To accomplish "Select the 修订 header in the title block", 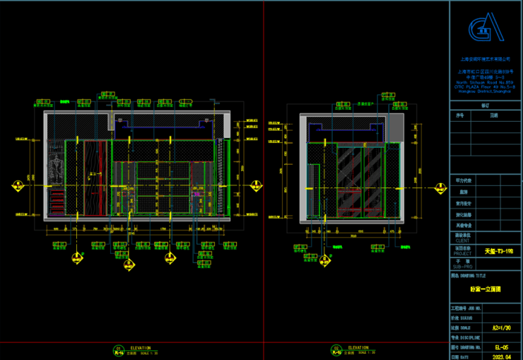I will tap(485, 105).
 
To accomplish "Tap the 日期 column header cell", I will tap(494, 115).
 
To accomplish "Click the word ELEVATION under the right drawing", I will tap(358, 347).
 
